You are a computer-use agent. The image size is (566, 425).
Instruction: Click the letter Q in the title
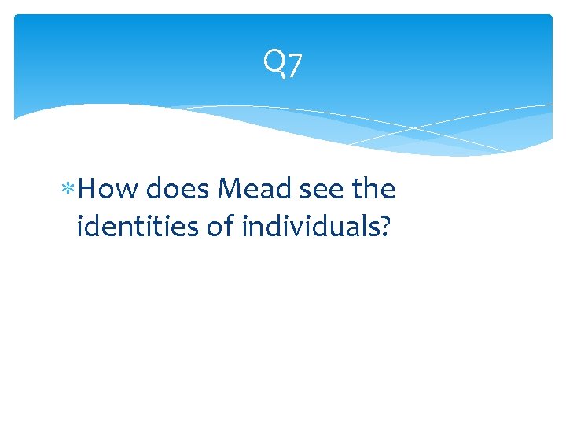274,62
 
